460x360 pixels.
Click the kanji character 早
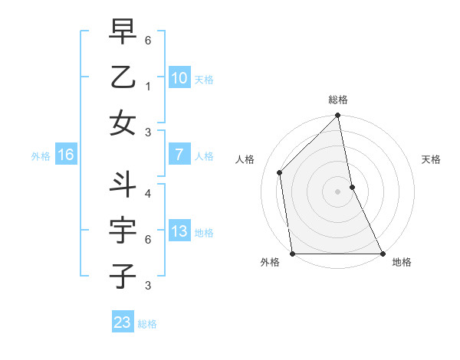[123, 32]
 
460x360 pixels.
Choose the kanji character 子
[123, 275]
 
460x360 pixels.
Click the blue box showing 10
[179, 77]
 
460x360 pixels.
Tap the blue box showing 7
[179, 155]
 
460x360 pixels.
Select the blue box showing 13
[179, 231]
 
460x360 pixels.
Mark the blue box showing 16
[66, 155]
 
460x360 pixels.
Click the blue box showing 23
[123, 322]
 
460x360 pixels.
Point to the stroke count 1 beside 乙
[147, 86]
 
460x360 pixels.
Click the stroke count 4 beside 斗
[147, 193]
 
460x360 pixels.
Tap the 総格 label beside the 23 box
[147, 324]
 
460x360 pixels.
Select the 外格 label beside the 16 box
[41, 156]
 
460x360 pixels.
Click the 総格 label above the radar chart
[338, 100]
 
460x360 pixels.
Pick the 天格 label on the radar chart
[431, 159]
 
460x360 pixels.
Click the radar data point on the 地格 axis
[382, 254]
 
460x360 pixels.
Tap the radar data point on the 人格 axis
[280, 172]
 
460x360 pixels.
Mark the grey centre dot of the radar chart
[338, 191]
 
